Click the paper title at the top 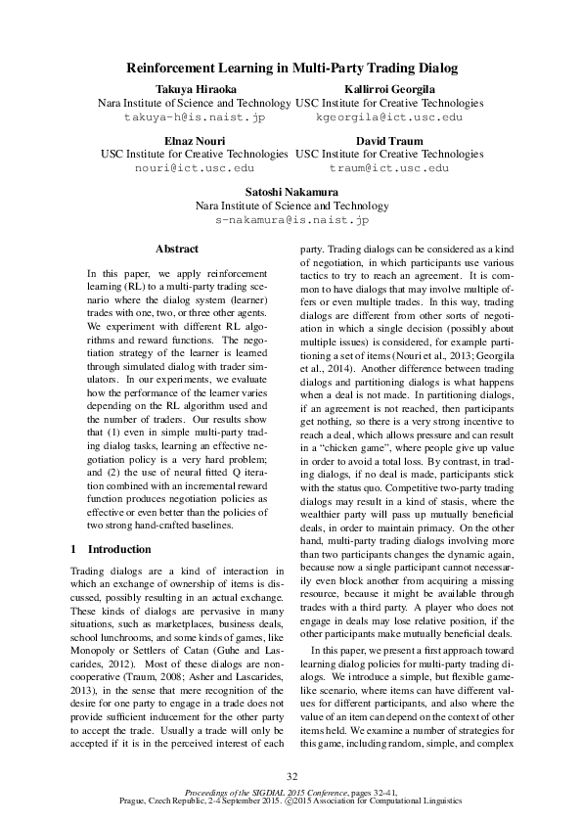(291, 69)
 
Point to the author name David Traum (388, 141)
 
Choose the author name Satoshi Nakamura (291, 193)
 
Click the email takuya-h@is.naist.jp (194, 116)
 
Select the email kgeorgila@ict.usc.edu (388, 116)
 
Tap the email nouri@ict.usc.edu (194, 168)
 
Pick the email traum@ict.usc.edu (388, 168)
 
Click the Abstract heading (176, 250)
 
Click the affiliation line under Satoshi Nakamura (291, 206)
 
